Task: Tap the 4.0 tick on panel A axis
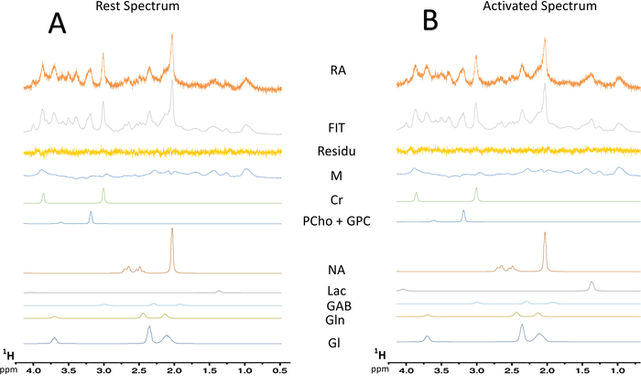[x=34, y=371]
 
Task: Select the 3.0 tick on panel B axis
[x=477, y=372]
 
